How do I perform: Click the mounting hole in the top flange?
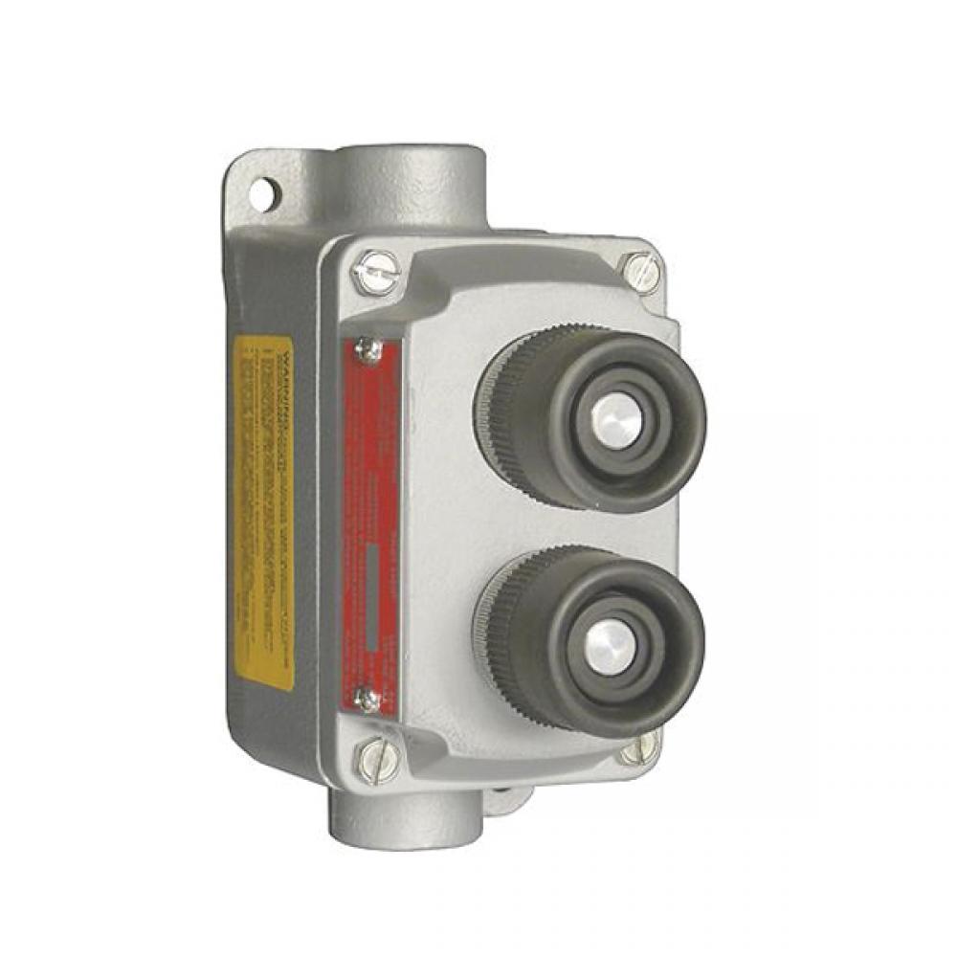pyautogui.click(x=260, y=194)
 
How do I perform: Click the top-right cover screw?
pyautogui.click(x=640, y=272)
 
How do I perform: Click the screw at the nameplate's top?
pyautogui.click(x=367, y=349)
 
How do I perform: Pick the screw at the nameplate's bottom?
pyautogui.click(x=367, y=699)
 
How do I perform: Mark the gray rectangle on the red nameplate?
pyautogui.click(x=369, y=593)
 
